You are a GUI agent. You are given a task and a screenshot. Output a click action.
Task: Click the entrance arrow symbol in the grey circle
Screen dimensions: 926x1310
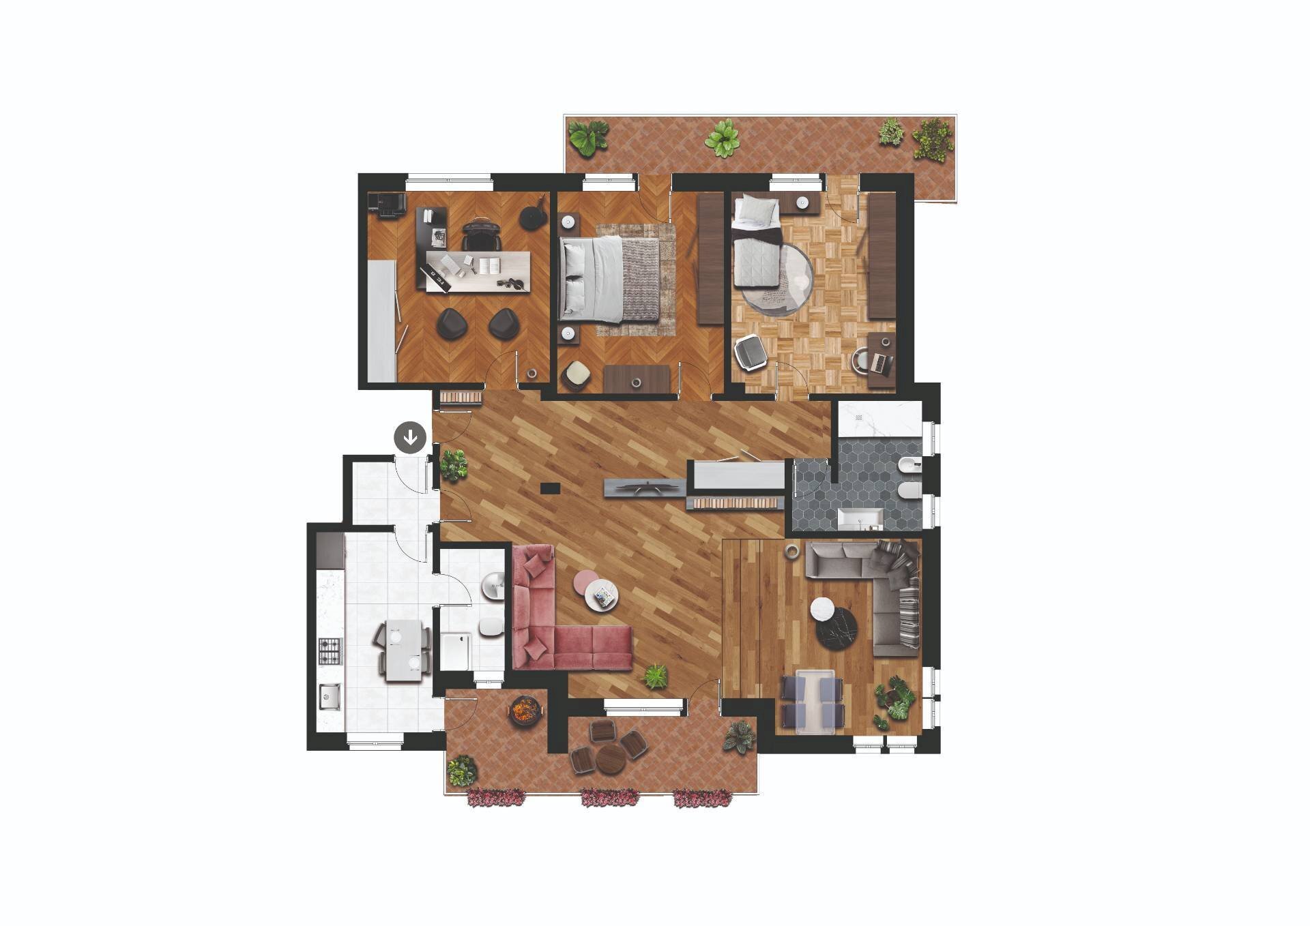pyautogui.click(x=410, y=438)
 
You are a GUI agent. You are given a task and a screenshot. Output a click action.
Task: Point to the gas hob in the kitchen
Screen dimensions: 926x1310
pyautogui.click(x=330, y=651)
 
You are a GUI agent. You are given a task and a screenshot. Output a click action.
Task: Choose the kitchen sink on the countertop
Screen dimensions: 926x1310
pyautogui.click(x=330, y=696)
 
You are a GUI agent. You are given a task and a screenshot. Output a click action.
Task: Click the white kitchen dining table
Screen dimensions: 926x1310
pyautogui.click(x=404, y=651)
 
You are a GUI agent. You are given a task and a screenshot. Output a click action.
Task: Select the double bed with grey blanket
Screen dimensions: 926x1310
pyautogui.click(x=609, y=279)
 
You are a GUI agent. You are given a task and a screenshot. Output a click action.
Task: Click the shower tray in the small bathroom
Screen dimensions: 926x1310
pyautogui.click(x=456, y=651)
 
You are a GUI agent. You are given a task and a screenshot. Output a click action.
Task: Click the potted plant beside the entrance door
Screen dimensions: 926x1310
pyautogui.click(x=454, y=464)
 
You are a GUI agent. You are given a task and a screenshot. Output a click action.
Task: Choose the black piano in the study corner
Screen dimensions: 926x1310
pyautogui.click(x=386, y=204)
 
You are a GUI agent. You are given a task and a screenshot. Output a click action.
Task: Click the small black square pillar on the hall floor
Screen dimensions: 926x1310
pyautogui.click(x=550, y=488)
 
